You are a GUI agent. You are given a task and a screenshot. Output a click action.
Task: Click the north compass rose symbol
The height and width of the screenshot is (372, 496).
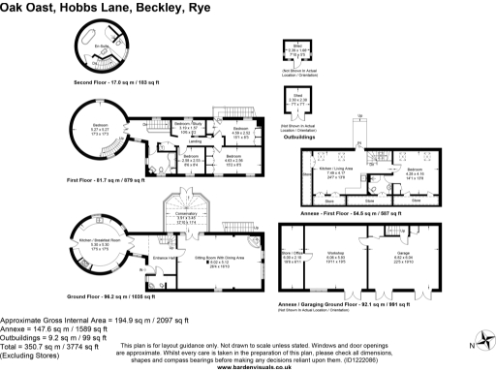(x=477, y=342)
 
